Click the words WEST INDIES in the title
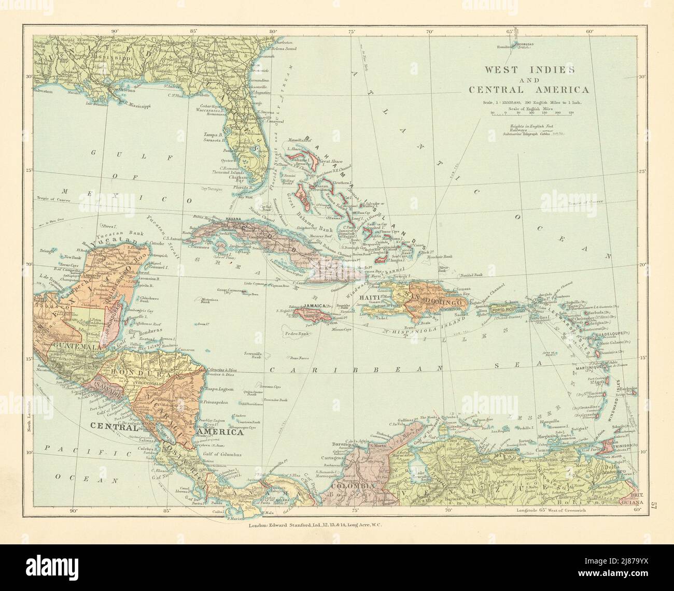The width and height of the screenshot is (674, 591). (x=529, y=69)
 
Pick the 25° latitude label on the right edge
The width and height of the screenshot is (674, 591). (x=641, y=171)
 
